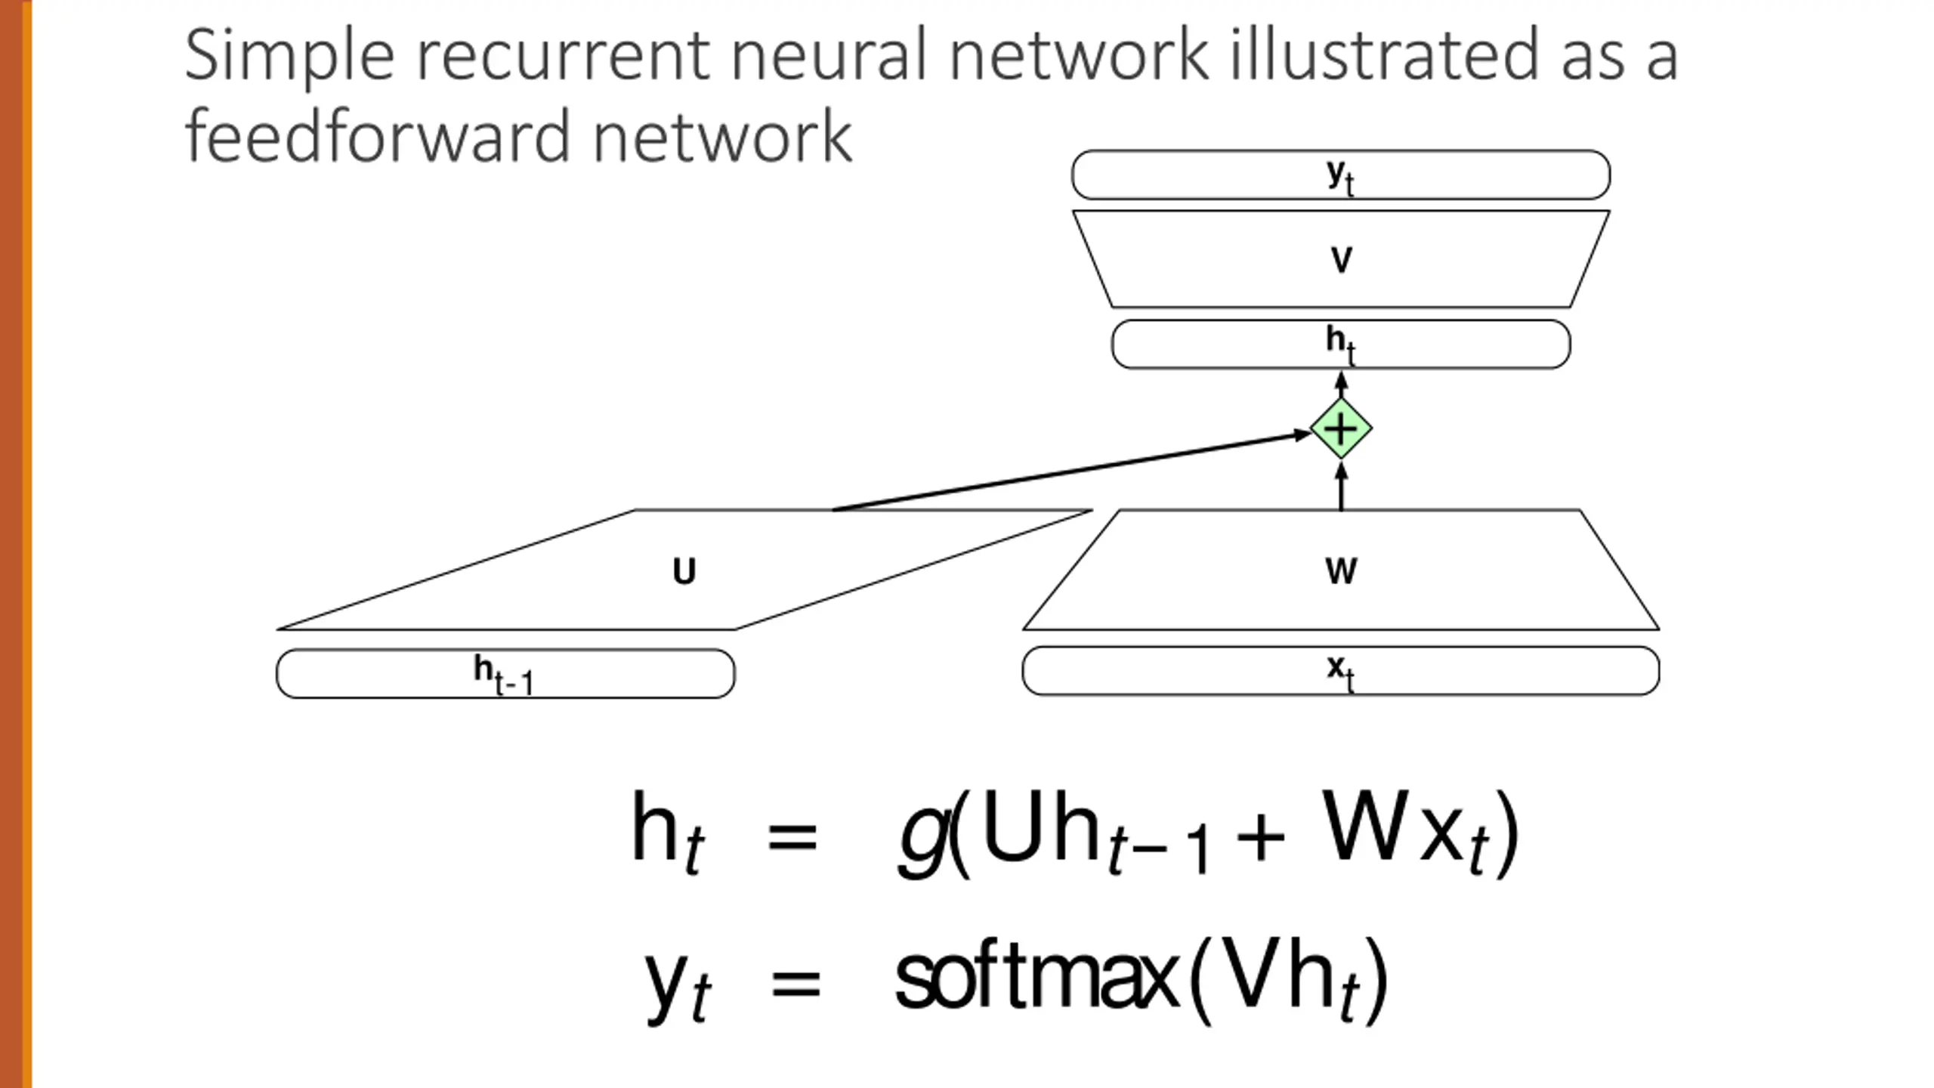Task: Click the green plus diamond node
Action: (1341, 428)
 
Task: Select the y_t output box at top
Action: (1341, 175)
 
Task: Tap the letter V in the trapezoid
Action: (1341, 261)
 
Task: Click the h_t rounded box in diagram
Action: (1341, 345)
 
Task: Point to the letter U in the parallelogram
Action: (684, 572)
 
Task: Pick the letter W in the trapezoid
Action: (1341, 571)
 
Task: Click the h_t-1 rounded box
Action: (505, 673)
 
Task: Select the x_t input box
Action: (1341, 670)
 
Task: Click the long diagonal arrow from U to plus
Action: (1071, 471)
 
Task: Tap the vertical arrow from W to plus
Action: (1341, 487)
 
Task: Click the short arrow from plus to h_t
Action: (1341, 384)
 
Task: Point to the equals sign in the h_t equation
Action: (792, 837)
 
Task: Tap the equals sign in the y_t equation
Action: (796, 983)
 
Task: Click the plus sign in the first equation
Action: (1260, 837)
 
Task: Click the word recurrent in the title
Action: (564, 56)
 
